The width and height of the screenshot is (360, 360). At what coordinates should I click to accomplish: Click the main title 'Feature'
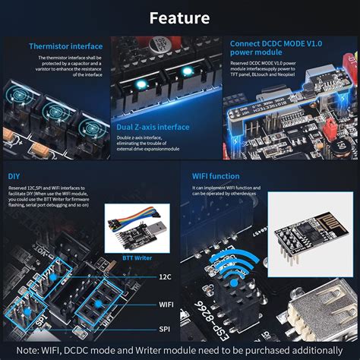[180, 17]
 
